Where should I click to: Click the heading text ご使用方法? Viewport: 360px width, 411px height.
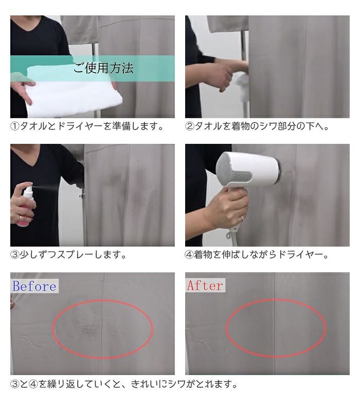pos(103,68)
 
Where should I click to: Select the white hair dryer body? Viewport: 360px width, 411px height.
pos(247,171)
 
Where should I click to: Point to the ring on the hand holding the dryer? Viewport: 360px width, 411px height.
pos(242,218)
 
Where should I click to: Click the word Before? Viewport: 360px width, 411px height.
pos(34,286)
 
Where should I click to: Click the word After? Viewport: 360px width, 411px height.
pos(205,286)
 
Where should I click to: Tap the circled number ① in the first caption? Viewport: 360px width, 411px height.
pos(15,126)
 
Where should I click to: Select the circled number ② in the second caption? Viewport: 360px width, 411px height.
pos(189,126)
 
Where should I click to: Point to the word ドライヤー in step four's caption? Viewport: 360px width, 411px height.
pos(300,255)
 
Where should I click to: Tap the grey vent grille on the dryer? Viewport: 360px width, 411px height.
pos(243,177)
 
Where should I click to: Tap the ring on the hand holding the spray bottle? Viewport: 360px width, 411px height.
pos(20,218)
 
